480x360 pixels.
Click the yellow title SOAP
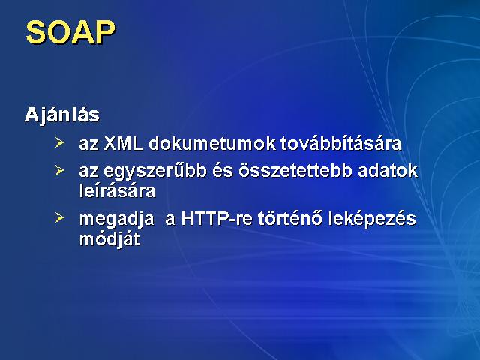[70, 32]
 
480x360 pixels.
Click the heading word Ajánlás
[62, 115]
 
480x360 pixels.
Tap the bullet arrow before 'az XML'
[59, 142]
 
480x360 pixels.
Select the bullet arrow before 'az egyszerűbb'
[59, 170]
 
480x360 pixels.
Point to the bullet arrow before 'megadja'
[59, 218]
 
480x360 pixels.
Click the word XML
[123, 143]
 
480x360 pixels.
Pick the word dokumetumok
[212, 143]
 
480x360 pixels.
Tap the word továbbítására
[340, 143]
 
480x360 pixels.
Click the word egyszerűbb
[155, 172]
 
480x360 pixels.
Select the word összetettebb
[295, 171]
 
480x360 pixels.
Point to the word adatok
[388, 171]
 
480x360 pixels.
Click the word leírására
[117, 190]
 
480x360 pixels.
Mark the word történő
[290, 218]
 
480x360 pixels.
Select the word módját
[109, 239]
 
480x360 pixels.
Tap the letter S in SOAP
[36, 32]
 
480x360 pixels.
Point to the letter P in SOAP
[104, 32]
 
